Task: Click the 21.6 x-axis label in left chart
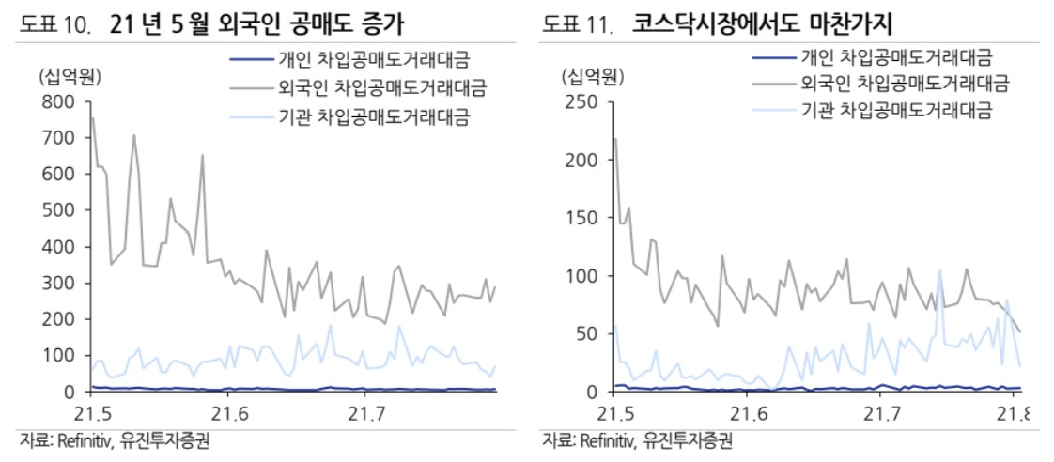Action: (229, 414)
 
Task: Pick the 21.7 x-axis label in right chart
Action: (880, 414)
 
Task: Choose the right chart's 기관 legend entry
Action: (896, 112)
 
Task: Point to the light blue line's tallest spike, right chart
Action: (939, 269)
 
